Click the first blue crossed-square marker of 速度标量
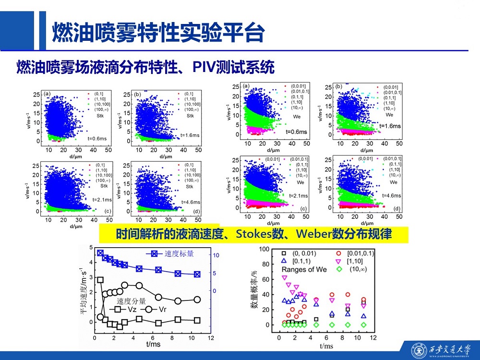pyautogui.click(x=100, y=253)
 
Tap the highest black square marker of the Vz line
pyautogui.click(x=100, y=280)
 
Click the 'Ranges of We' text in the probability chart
pyautogui.click(x=303, y=269)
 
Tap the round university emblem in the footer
pyautogui.click(x=420, y=349)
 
